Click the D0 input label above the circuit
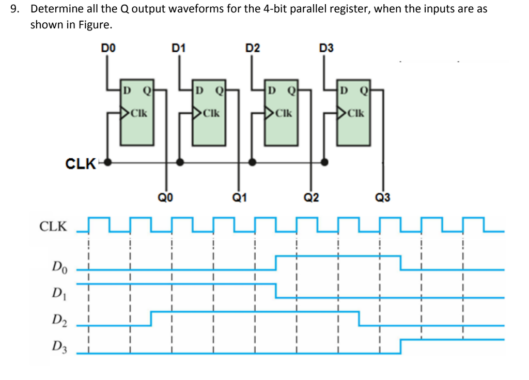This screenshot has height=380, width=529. tap(108, 48)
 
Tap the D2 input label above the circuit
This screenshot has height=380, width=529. tap(253, 48)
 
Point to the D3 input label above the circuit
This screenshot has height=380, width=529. tap(326, 48)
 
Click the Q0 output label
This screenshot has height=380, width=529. tap(165, 196)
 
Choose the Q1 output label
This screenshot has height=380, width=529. tap(239, 196)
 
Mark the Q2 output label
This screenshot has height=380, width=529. tap(312, 196)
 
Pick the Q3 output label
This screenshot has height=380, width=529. tap(384, 196)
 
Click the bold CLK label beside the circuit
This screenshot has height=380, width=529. tap(81, 164)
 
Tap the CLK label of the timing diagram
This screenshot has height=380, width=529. tap(54, 226)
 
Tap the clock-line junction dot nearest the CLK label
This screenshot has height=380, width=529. tap(108, 161)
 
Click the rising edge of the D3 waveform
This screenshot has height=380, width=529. tap(401, 346)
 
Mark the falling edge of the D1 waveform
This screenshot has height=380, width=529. tap(276, 291)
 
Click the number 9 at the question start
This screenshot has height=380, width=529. tap(18, 9)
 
